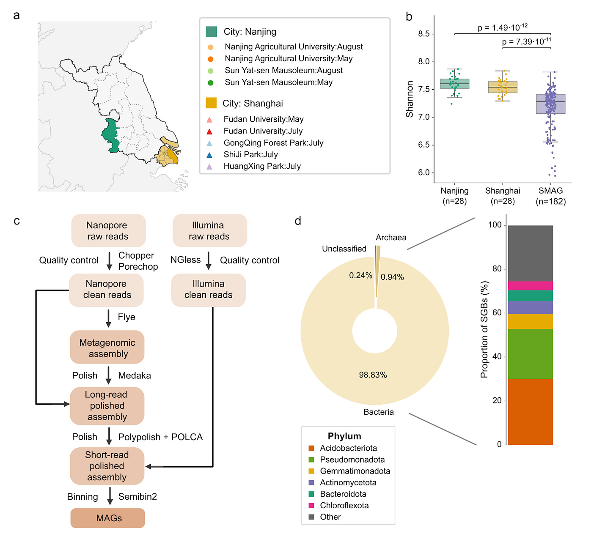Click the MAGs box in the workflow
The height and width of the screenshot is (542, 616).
[x=108, y=518]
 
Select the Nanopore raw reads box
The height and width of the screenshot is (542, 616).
[x=108, y=230]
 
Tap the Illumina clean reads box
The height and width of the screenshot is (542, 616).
[x=208, y=290]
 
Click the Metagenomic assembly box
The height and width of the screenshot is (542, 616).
[x=107, y=348]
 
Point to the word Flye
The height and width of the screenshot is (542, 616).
[x=126, y=317]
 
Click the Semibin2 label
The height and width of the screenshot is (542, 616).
[x=137, y=496]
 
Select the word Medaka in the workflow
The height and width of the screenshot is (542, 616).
[x=135, y=375]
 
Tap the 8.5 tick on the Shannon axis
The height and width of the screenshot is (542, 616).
[x=423, y=34]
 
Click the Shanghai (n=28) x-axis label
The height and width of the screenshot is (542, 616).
[x=503, y=196]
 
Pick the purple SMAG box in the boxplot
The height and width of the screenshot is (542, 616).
[x=550, y=104]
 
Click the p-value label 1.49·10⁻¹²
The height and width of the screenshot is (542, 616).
[x=503, y=28]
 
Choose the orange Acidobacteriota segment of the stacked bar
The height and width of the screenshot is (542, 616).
[x=531, y=411]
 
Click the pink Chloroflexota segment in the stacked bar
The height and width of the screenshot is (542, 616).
[x=531, y=286]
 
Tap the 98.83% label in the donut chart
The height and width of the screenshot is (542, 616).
[x=373, y=375]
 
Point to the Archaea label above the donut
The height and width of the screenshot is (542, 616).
[x=391, y=238]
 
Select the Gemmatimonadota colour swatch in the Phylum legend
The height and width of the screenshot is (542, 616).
[x=311, y=471]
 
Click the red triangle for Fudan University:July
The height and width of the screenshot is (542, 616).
[x=209, y=131]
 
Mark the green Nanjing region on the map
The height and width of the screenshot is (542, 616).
[x=110, y=135]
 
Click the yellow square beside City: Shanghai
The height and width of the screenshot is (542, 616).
[x=211, y=103]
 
